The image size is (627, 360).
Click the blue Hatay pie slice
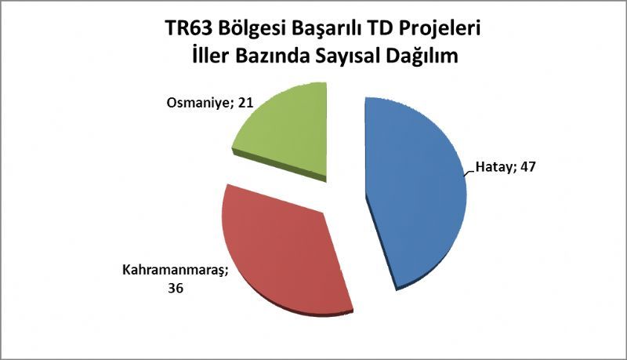416,192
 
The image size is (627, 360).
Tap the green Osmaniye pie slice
288,132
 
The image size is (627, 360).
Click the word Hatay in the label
494,167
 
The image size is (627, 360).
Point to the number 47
526,166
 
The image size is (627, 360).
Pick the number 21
245,103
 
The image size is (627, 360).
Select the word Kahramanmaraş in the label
175,270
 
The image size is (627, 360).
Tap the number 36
175,288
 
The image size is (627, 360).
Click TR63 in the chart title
185,29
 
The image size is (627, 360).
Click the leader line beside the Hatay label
469,173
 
